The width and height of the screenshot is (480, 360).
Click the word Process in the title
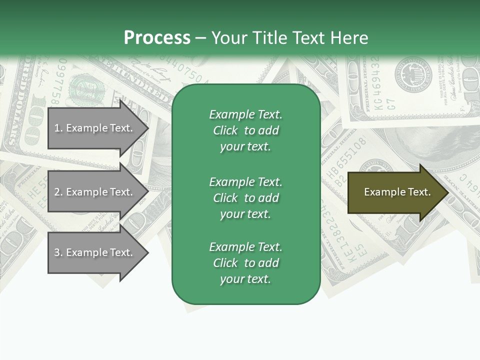tap(157, 37)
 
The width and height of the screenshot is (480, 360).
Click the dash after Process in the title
tap(201, 38)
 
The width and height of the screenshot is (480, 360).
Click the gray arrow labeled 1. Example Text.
tap(95, 128)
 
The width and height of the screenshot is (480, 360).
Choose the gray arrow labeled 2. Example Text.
tap(95, 192)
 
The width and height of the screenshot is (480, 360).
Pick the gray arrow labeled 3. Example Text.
tap(95, 252)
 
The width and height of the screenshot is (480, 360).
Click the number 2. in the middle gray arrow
tap(58, 192)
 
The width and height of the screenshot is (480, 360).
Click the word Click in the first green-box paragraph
tap(225, 130)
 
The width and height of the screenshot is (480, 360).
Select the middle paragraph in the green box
tap(245, 197)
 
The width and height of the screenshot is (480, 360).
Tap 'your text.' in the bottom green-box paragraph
tap(245, 279)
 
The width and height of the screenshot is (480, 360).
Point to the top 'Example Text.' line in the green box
tap(245, 114)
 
